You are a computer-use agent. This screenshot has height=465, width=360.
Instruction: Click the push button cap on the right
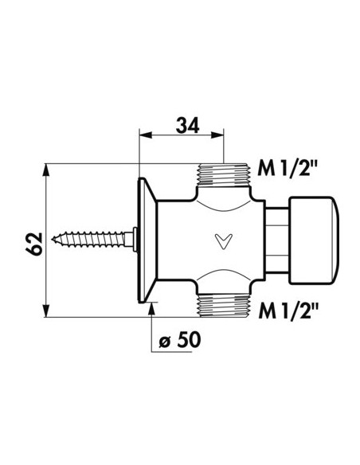click(x=313, y=236)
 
